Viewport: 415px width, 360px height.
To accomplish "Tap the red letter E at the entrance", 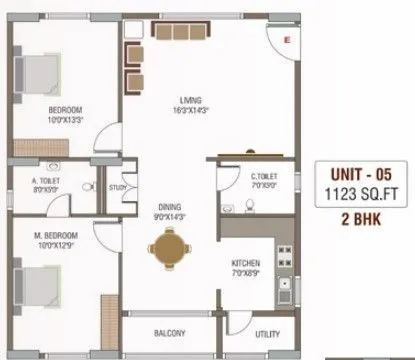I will (x=287, y=39).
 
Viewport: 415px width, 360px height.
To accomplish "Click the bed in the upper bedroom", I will (x=40, y=72).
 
